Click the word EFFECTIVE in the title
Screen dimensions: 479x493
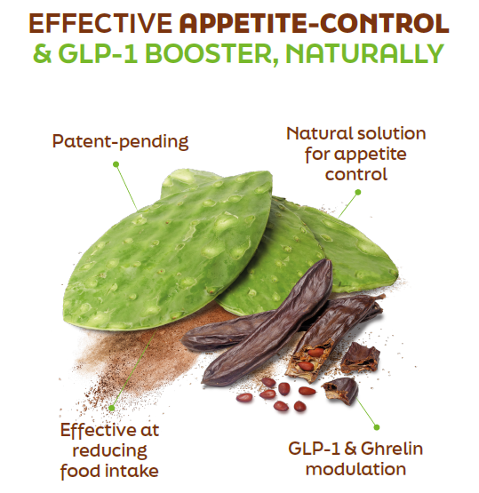[x=100, y=24]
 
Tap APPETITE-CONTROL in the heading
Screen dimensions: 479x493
[x=314, y=24]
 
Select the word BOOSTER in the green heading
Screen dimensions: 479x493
[x=212, y=54]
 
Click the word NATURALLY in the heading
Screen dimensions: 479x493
[x=365, y=54]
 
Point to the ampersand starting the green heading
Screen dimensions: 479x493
[x=42, y=54]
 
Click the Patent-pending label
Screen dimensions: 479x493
[x=120, y=142]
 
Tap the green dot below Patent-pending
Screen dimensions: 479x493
[x=116, y=163]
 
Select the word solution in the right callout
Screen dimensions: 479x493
[x=391, y=133]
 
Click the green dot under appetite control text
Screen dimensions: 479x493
[x=357, y=192]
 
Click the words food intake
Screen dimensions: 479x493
[x=109, y=471]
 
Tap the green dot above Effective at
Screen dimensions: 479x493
[x=112, y=408]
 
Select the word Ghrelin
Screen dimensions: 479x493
[x=391, y=449]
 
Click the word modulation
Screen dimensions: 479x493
[x=355, y=469]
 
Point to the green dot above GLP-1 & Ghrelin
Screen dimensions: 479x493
[x=377, y=427]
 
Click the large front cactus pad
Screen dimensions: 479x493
[x=168, y=251]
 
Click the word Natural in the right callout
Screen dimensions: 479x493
[x=320, y=133]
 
